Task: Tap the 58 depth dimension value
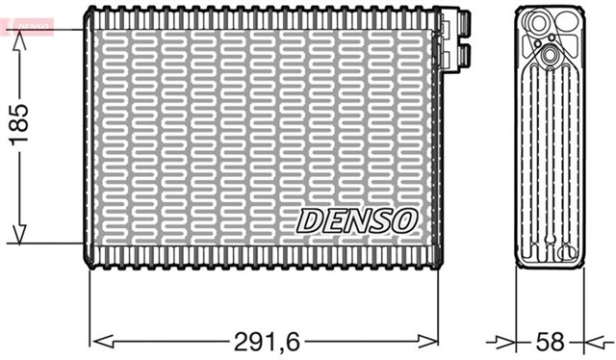[549, 341]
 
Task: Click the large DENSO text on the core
[356, 220]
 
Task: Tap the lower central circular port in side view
[550, 58]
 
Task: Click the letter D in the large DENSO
[311, 220]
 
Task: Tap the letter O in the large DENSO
[403, 220]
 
